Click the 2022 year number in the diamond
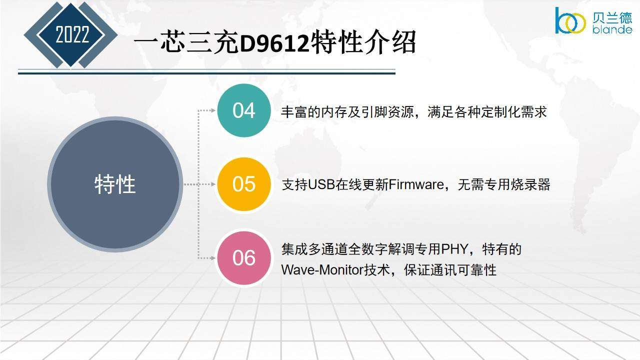point(72,34)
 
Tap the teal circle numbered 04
point(243,110)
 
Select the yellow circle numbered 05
point(243,184)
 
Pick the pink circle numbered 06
point(243,258)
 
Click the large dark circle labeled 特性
point(115,184)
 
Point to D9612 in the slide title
point(274,43)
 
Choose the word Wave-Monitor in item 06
point(322,270)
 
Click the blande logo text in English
point(612,29)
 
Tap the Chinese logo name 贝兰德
point(612,17)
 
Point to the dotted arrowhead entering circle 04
point(213,110)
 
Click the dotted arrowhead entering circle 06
point(213,258)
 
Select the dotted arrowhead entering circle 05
point(213,184)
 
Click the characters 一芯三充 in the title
point(186,43)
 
